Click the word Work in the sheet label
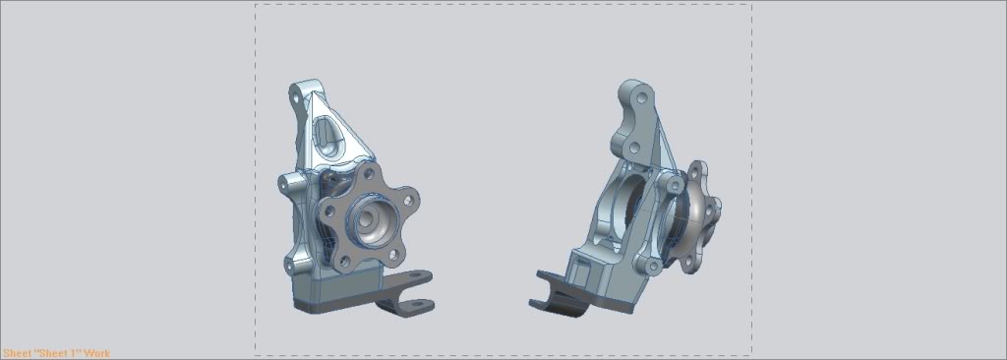click(96, 353)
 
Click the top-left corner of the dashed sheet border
click(256, 4)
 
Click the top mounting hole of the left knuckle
click(296, 96)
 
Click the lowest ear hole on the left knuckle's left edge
click(291, 264)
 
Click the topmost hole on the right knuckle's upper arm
click(642, 99)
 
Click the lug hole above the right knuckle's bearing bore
click(673, 184)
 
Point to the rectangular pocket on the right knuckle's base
click(588, 261)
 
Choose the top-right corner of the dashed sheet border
click(752, 4)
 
